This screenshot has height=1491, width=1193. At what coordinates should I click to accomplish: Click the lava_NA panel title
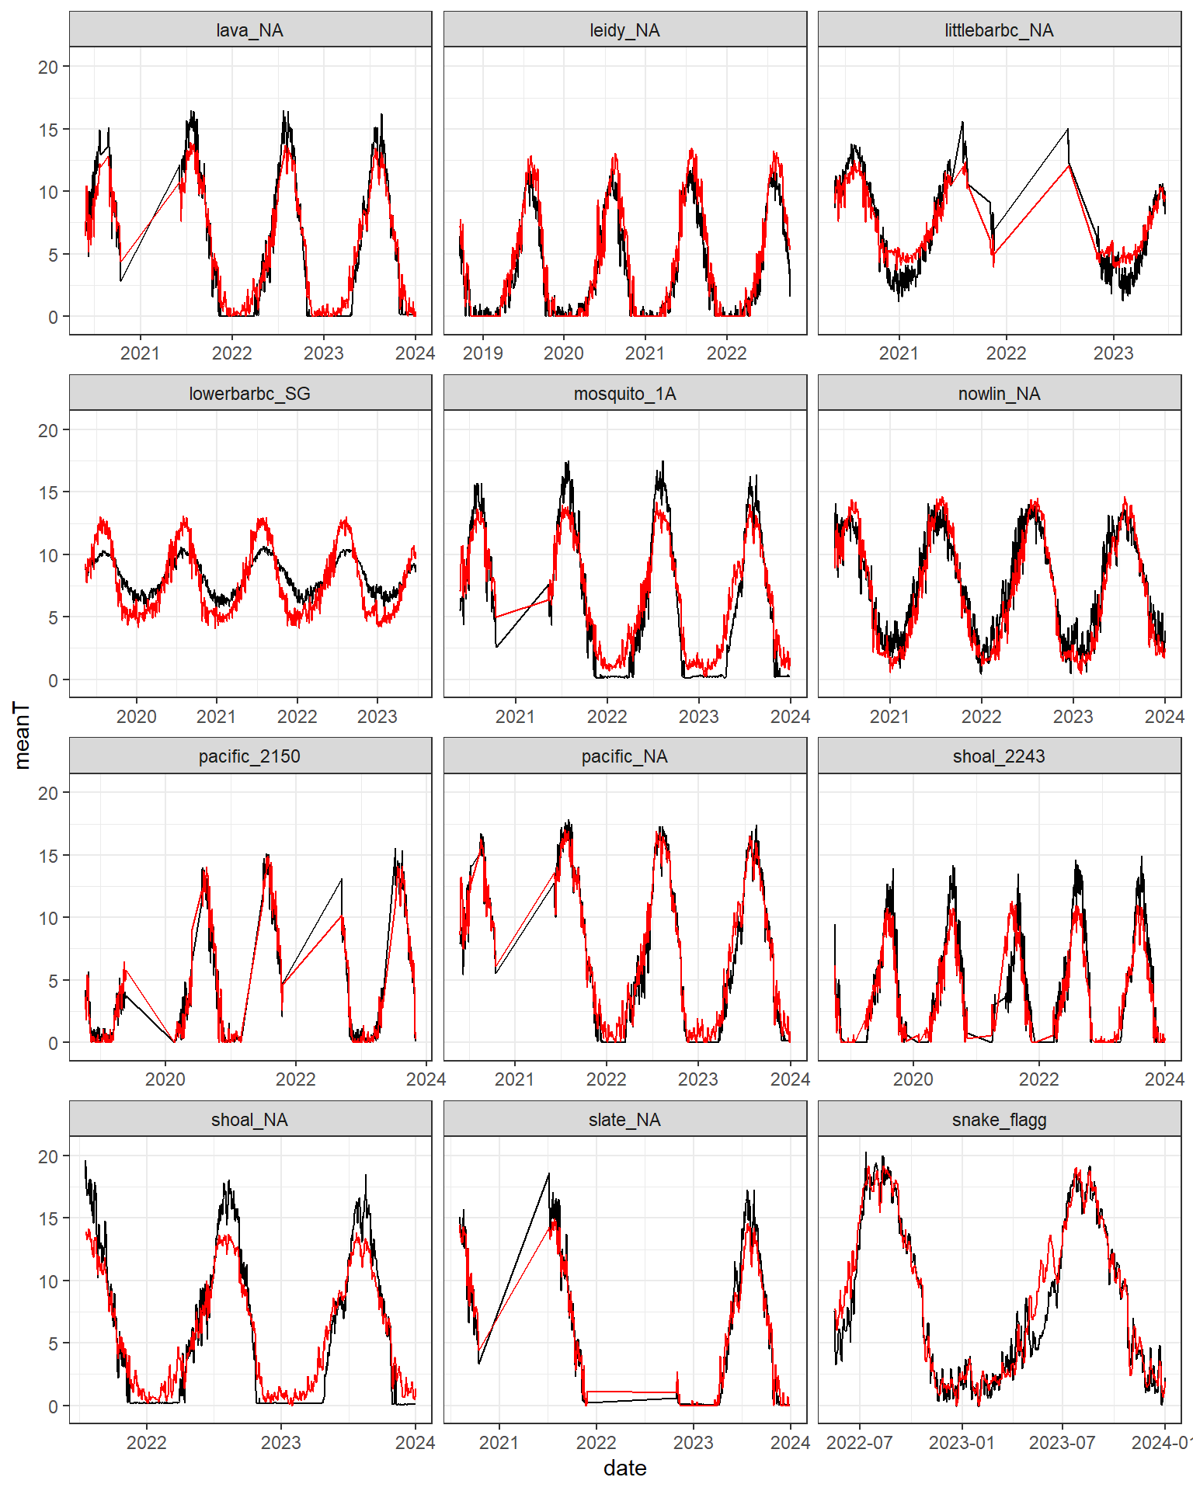click(x=249, y=30)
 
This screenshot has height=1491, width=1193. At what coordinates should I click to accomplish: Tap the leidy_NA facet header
click(x=624, y=30)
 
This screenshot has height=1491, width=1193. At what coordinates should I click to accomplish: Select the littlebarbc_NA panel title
click(x=999, y=30)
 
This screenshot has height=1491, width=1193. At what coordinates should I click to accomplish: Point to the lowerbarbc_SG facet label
click(x=249, y=394)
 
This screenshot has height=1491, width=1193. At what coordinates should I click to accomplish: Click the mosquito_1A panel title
click(x=624, y=394)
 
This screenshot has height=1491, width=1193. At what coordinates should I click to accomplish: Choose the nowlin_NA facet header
click(x=999, y=394)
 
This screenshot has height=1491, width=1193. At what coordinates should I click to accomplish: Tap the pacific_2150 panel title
click(x=249, y=756)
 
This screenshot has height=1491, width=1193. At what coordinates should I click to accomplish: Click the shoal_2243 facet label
click(x=999, y=756)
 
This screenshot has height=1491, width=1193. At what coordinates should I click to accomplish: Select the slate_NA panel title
click(x=624, y=1120)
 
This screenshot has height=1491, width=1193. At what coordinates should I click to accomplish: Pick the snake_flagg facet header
click(x=999, y=1120)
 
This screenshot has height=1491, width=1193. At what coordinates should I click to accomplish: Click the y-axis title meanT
click(x=22, y=735)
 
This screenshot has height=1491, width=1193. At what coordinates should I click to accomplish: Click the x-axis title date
click(x=624, y=1468)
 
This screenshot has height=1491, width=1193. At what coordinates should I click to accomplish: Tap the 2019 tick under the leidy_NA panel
click(x=482, y=353)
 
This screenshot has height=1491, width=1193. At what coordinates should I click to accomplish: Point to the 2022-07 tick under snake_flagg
click(x=859, y=1443)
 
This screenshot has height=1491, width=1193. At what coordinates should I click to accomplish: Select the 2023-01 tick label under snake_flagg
click(x=962, y=1443)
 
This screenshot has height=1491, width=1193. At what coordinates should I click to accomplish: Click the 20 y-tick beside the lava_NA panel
click(x=48, y=68)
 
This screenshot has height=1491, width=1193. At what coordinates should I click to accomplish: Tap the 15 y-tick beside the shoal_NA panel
click(x=48, y=1219)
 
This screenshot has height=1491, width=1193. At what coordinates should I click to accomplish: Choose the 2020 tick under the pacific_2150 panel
click(x=165, y=1079)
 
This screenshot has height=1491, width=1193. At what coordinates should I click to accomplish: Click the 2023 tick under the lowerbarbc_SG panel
click(x=377, y=717)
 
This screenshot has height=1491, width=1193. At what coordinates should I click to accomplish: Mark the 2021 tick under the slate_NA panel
click(x=499, y=1443)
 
